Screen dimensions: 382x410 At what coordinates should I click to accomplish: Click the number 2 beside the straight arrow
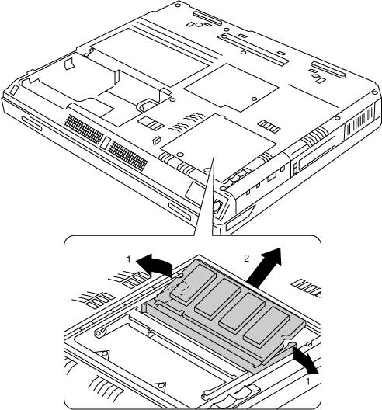click(x=246, y=259)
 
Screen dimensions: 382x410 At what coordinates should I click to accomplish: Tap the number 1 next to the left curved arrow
click(x=128, y=259)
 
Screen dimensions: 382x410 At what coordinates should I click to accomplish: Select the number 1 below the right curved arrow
click(x=308, y=382)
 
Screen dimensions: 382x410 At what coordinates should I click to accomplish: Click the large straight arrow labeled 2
click(x=265, y=266)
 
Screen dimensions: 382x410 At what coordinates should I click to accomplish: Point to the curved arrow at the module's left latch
click(x=155, y=263)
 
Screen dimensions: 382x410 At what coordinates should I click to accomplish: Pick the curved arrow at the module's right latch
click(x=304, y=360)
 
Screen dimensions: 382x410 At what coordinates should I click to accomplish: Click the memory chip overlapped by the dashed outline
click(x=193, y=283)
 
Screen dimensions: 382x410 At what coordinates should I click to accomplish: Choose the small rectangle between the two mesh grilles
click(x=105, y=143)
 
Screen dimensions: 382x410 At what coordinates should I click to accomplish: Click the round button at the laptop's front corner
click(x=218, y=205)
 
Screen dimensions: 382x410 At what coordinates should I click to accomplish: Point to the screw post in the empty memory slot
click(x=99, y=333)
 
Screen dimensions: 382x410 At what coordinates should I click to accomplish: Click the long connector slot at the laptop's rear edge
click(x=207, y=18)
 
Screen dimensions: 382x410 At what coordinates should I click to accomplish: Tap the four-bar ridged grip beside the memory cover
click(x=269, y=127)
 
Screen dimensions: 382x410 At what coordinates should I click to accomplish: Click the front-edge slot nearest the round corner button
click(x=179, y=211)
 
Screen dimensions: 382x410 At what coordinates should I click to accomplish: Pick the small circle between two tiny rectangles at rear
click(x=199, y=25)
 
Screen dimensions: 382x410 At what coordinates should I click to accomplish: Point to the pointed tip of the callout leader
click(x=214, y=157)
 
